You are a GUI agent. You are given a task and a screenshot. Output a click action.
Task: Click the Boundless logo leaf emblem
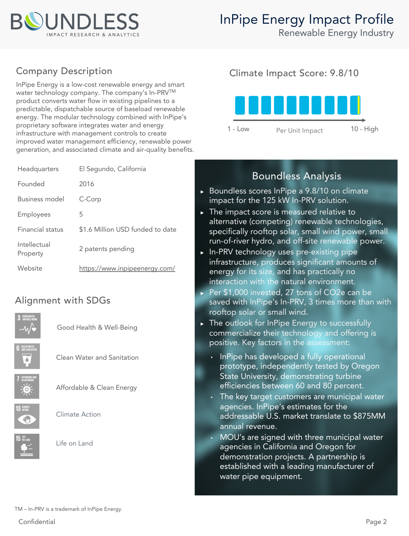[34, 21]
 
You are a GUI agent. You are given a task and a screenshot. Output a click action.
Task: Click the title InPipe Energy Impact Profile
[306, 19]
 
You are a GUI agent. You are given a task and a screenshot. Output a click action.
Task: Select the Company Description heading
[64, 71]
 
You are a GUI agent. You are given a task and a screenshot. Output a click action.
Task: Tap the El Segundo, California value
[112, 169]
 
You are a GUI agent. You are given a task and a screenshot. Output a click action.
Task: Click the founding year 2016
[86, 184]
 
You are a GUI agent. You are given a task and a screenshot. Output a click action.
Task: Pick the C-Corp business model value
[90, 199]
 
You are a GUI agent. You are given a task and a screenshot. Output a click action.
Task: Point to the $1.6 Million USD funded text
[128, 229]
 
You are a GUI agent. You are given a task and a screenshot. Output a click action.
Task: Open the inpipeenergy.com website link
[127, 268]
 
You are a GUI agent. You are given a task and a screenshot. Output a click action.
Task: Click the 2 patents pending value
[106, 249]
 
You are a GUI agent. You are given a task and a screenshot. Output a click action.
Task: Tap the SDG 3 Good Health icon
[28, 325]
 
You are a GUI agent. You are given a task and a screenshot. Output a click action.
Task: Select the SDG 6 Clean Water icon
[27, 356]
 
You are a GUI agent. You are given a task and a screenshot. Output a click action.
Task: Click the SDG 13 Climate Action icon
[27, 416]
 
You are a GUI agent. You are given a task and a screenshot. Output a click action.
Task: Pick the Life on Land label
[74, 443]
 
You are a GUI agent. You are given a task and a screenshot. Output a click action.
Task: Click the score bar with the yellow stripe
[355, 105]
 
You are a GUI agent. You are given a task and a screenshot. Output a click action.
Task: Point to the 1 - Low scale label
[238, 129]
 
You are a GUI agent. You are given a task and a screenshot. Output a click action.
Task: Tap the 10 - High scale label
[364, 129]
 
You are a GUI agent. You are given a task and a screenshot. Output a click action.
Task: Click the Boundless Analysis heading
[296, 176]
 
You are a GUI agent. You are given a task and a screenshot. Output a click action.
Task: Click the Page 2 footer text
[376, 522]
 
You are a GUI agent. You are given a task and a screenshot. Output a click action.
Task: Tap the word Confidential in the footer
[37, 522]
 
